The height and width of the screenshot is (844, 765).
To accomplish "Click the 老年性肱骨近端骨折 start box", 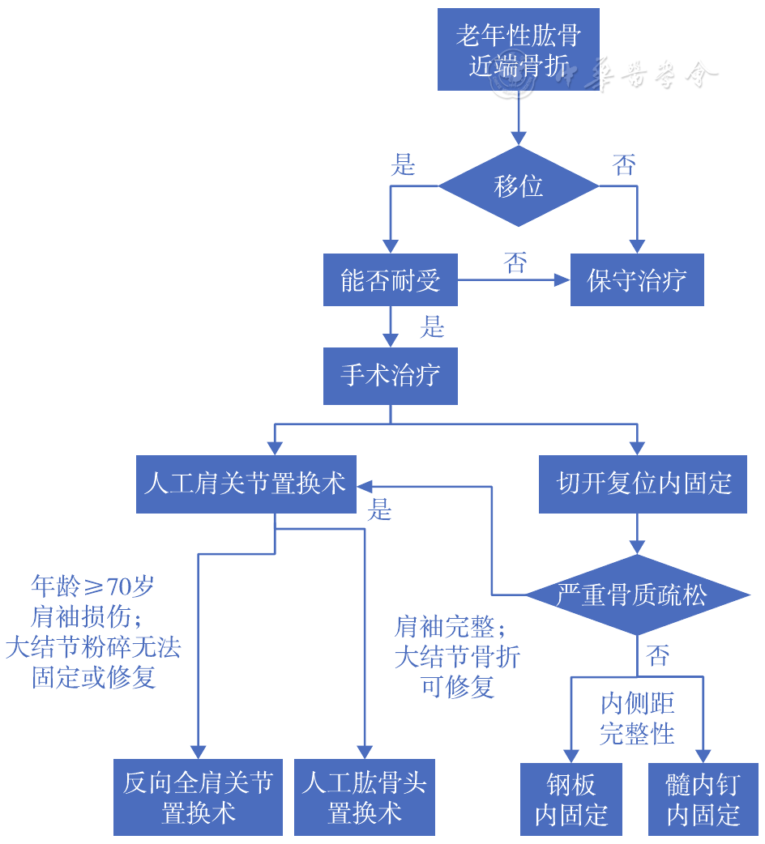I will pos(518,49).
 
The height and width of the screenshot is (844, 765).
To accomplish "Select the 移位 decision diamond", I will pos(518,186).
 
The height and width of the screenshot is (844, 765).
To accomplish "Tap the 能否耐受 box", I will pos(390,280).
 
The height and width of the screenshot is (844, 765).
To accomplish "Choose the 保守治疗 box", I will pos(637,280).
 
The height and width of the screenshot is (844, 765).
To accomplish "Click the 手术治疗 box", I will pos(390,376).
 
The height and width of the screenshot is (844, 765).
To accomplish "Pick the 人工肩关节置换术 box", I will pos(246,484).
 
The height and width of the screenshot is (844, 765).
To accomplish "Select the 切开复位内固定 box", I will pos(643,484).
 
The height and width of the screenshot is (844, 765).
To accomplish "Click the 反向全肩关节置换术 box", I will pos(198,797).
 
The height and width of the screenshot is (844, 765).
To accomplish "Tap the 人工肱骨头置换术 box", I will pos(365,797).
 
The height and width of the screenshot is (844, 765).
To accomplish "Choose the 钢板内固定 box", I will pos(571,799).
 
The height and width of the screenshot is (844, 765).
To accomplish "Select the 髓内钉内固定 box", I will pos(703,799).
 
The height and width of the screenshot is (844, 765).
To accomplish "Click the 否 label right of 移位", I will pos(624,166).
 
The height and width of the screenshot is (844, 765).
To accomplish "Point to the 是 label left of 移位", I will pos(403,166).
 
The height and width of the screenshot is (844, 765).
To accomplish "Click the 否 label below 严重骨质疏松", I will pos(658,655).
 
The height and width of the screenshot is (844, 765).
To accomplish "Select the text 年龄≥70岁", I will pos(92,586).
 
